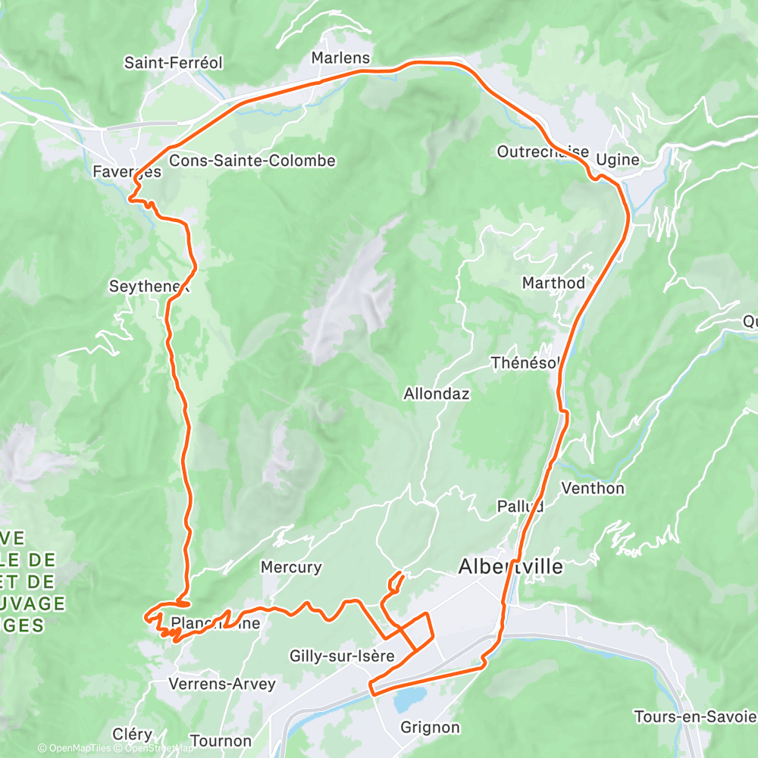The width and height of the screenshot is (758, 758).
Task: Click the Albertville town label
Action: pyautogui.click(x=511, y=566)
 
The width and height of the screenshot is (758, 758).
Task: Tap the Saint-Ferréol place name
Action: pyautogui.click(x=174, y=63)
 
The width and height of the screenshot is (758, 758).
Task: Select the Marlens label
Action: pyautogui.click(x=340, y=58)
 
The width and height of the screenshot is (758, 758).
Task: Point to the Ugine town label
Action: pyautogui.click(x=618, y=160)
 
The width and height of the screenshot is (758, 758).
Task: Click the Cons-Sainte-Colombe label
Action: pyautogui.click(x=252, y=161)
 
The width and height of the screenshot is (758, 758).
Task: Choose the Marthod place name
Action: pyautogui.click(x=553, y=283)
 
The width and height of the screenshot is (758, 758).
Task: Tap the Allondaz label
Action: pyautogui.click(x=437, y=393)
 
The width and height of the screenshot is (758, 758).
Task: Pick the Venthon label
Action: pyautogui.click(x=593, y=488)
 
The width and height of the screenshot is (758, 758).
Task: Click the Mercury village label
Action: pyautogui.click(x=291, y=567)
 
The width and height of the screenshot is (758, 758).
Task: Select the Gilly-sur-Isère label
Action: pyautogui.click(x=342, y=656)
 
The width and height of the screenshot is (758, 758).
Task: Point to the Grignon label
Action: pyautogui.click(x=430, y=728)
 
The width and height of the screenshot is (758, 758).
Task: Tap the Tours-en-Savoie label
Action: pyautogui.click(x=695, y=717)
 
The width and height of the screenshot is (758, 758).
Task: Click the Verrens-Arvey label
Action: pyautogui.click(x=221, y=684)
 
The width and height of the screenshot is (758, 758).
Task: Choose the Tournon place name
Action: pyautogui.click(x=221, y=741)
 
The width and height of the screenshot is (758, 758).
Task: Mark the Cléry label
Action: pyautogui.click(x=133, y=735)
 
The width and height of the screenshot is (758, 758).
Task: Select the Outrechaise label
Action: pyautogui.click(x=543, y=152)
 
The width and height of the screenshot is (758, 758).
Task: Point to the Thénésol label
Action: pyautogui.click(x=525, y=362)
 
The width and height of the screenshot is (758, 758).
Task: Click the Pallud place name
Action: pyautogui.click(x=520, y=506)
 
